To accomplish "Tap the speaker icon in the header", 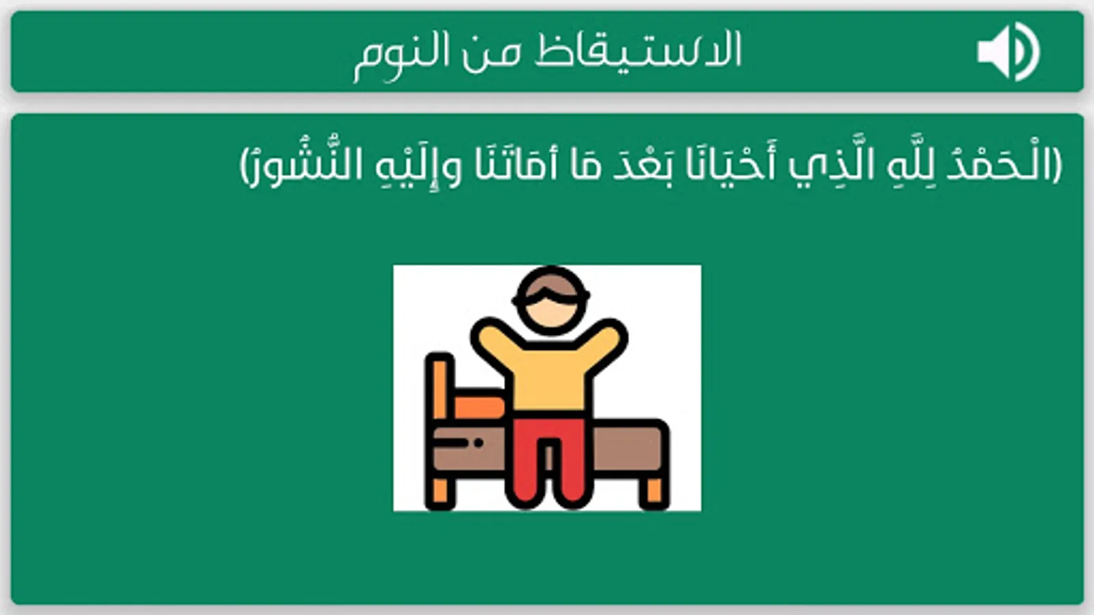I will point(1008,52).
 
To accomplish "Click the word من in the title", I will point(492,53).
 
